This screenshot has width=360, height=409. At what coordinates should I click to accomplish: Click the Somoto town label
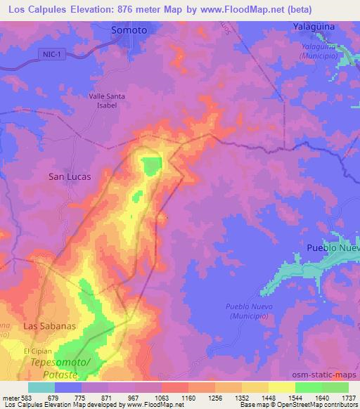pos(129,30)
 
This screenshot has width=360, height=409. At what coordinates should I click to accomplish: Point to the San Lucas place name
pos(69,177)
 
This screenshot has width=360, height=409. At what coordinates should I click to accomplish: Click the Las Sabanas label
pos(49,327)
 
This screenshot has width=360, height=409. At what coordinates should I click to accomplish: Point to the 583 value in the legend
pos(28,398)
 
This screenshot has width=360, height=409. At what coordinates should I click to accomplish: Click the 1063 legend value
pos(162,398)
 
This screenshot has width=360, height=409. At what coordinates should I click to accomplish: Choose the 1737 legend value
pos(349,398)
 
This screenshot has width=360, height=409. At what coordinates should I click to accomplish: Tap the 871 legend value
pos(108,398)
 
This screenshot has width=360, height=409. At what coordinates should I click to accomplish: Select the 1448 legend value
pos(269,398)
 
